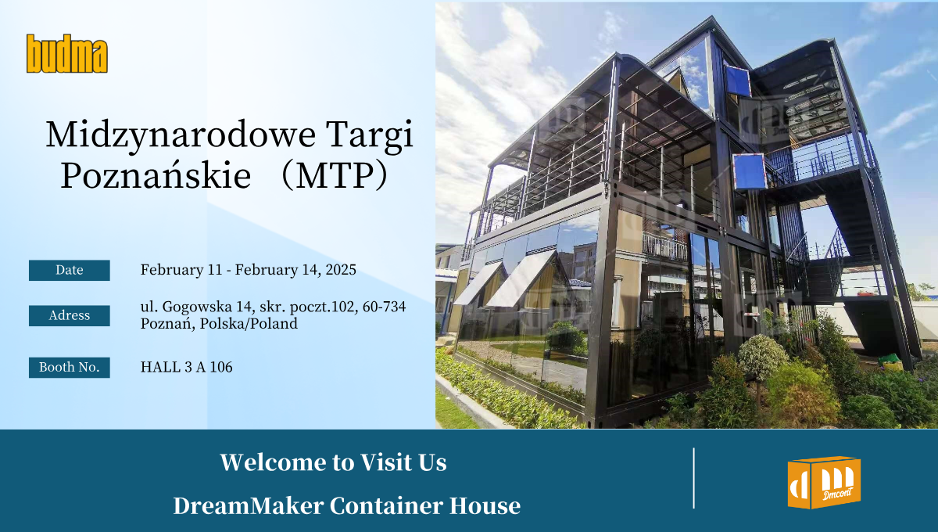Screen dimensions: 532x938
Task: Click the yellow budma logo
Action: coord(66,53)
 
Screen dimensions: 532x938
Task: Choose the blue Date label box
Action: coord(70,270)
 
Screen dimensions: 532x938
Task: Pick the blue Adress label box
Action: coord(70,315)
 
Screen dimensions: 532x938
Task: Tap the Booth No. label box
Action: coord(70,367)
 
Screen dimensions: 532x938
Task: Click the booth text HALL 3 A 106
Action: coord(186,367)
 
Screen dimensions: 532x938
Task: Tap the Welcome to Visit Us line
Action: coord(333,462)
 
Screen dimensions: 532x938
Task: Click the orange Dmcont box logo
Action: coord(823,483)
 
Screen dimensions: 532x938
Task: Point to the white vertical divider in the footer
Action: coord(694,478)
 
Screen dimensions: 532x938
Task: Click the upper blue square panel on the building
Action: coord(737,81)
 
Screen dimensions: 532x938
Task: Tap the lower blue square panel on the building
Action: coord(748,171)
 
